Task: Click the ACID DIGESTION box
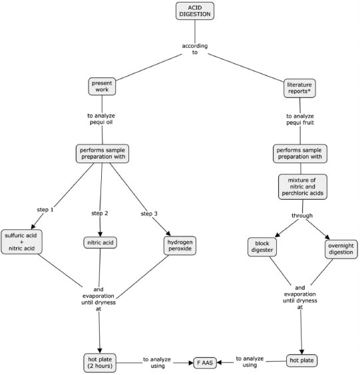tap(195, 11)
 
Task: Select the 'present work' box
tap(102, 87)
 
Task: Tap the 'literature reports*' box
tap(299, 88)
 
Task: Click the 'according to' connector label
tap(195, 49)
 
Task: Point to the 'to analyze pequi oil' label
tap(101, 119)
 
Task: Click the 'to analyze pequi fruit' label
tap(300, 119)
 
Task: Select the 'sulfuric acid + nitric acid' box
tap(21, 242)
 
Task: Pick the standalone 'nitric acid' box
tap(100, 242)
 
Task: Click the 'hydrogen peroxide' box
tap(180, 245)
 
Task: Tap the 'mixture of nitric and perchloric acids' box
tap(302, 187)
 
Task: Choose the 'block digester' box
tap(262, 246)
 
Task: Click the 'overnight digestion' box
tap(341, 249)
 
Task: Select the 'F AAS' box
tap(205, 362)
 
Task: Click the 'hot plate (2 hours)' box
tap(100, 362)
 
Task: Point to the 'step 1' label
tap(45, 210)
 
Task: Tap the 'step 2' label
tap(100, 213)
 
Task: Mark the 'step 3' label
tap(149, 214)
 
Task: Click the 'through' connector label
tap(302, 216)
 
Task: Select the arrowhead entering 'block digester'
tap(277, 235)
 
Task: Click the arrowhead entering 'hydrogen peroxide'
tap(168, 233)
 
